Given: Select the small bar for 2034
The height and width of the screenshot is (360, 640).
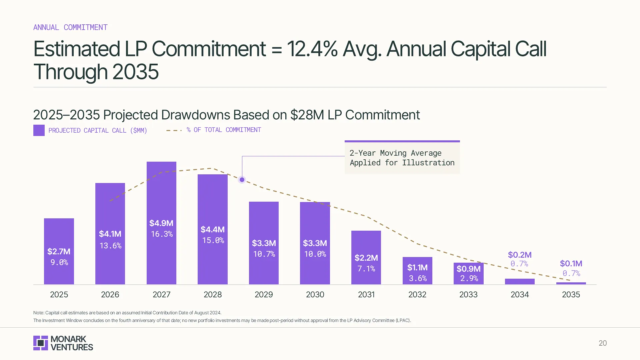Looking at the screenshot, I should point(520,281).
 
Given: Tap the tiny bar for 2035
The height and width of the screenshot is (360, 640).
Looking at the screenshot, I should point(571,283).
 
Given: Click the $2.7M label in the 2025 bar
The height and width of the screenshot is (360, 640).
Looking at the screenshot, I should point(59,251).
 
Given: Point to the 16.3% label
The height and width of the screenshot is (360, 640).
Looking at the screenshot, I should point(162,234).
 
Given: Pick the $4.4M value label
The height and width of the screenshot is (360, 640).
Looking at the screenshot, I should point(213,229).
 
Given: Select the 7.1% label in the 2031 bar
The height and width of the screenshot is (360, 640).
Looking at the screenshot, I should point(366,269).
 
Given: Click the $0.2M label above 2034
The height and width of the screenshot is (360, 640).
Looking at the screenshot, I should point(520,255).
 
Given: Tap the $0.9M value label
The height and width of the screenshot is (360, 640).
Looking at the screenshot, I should point(468,269).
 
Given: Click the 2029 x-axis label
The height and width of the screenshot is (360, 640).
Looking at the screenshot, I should point(264,295).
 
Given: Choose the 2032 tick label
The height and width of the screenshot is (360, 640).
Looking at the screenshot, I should point(417,295).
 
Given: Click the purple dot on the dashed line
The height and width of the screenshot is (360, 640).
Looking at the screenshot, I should point(242,180).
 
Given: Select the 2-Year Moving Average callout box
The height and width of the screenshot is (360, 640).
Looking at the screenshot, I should point(402,158).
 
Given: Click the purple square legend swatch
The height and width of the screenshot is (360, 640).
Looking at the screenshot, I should point(39,130).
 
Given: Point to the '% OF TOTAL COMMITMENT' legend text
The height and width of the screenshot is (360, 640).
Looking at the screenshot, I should point(224,130).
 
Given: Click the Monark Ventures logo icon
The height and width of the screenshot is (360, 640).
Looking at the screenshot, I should point(41,343).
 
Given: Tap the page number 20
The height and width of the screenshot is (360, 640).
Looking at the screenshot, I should point(603,343).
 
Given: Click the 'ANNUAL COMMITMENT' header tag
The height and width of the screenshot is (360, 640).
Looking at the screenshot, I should point(70,27).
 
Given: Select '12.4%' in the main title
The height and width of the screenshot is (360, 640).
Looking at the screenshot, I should point(312,49).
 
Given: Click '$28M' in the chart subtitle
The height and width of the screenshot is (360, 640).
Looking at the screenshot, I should point(307,115).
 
